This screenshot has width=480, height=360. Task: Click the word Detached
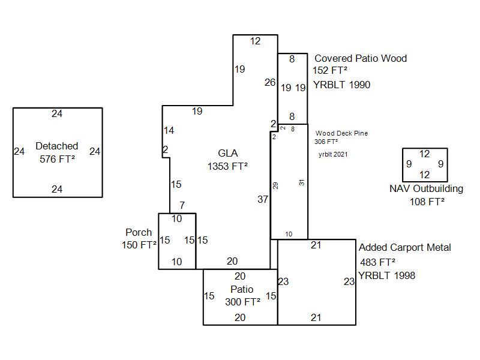click(57, 146)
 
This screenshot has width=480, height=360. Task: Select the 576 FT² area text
click(57, 159)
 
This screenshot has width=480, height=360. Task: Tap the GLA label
click(227, 154)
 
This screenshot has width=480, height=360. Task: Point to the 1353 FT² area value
click(227, 166)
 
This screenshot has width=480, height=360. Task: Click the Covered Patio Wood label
click(361, 58)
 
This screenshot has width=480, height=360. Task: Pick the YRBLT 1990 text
click(341, 85)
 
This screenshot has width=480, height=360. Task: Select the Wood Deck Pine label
click(341, 133)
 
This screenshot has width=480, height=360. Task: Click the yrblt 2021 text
click(333, 154)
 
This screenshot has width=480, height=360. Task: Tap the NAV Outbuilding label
click(426, 188)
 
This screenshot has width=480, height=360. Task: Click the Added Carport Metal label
click(404, 247)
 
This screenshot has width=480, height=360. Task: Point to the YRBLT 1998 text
click(386, 275)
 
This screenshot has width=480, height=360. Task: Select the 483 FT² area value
click(377, 262)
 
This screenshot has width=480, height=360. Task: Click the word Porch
click(139, 232)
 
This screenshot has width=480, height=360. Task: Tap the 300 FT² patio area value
click(242, 302)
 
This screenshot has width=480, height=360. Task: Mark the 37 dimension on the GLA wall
click(263, 199)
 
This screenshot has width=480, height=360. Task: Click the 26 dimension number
click(270, 82)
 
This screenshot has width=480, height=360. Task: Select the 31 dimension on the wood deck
click(302, 182)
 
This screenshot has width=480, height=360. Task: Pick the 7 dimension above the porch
click(182, 206)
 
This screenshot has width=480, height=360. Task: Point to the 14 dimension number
click(169, 130)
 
